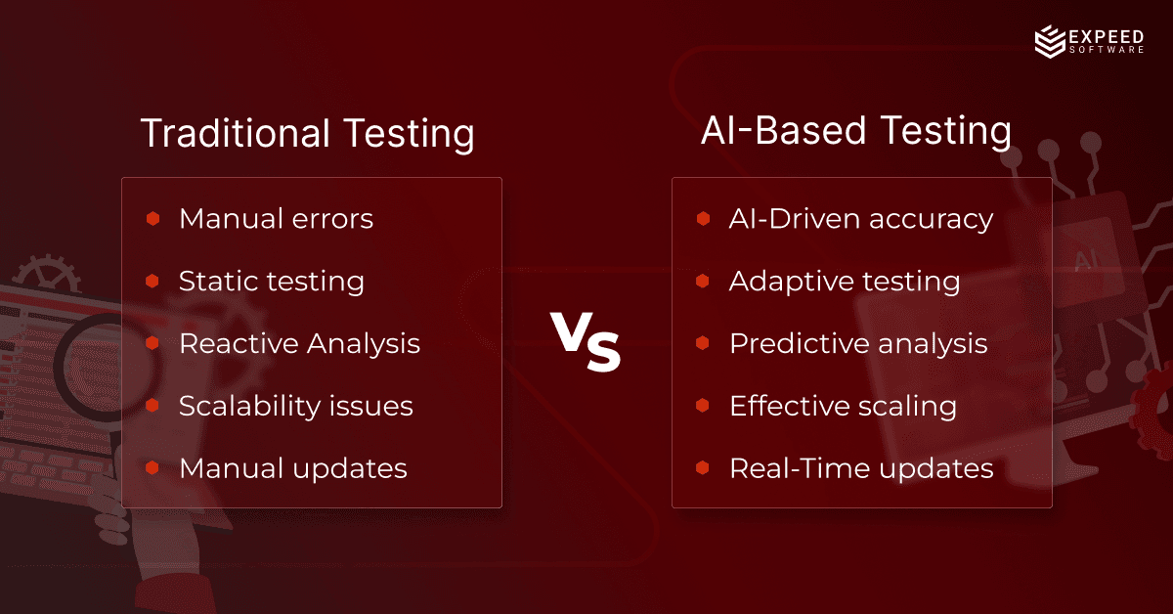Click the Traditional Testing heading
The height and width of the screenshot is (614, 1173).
click(x=307, y=133)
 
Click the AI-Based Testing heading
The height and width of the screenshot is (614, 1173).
click(x=855, y=131)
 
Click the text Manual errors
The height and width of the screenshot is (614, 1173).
click(x=276, y=218)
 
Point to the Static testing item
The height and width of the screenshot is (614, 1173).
click(x=271, y=282)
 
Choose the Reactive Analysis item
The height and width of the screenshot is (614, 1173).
click(x=299, y=344)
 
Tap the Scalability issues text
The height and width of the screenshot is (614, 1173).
click(x=295, y=406)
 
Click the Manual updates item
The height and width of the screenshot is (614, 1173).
click(x=292, y=468)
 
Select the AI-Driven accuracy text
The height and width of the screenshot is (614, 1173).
click(x=860, y=219)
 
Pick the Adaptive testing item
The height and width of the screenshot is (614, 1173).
click(x=844, y=282)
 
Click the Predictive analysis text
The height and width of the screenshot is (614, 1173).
click(x=857, y=344)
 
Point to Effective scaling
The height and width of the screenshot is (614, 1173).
click(x=843, y=406)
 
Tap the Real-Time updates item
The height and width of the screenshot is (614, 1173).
click(x=860, y=468)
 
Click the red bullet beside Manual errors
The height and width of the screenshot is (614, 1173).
click(x=152, y=218)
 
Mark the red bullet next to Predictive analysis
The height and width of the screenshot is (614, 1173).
click(x=703, y=343)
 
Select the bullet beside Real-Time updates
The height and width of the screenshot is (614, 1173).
click(x=703, y=467)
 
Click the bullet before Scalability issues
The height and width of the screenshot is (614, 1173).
click(x=152, y=406)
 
